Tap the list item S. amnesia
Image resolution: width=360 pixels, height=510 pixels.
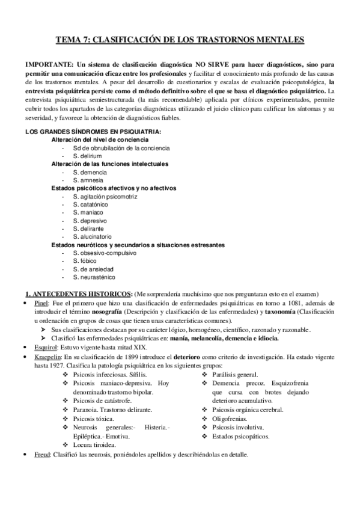click(x=88, y=180)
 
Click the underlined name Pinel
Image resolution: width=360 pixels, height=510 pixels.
click(x=41, y=304)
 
